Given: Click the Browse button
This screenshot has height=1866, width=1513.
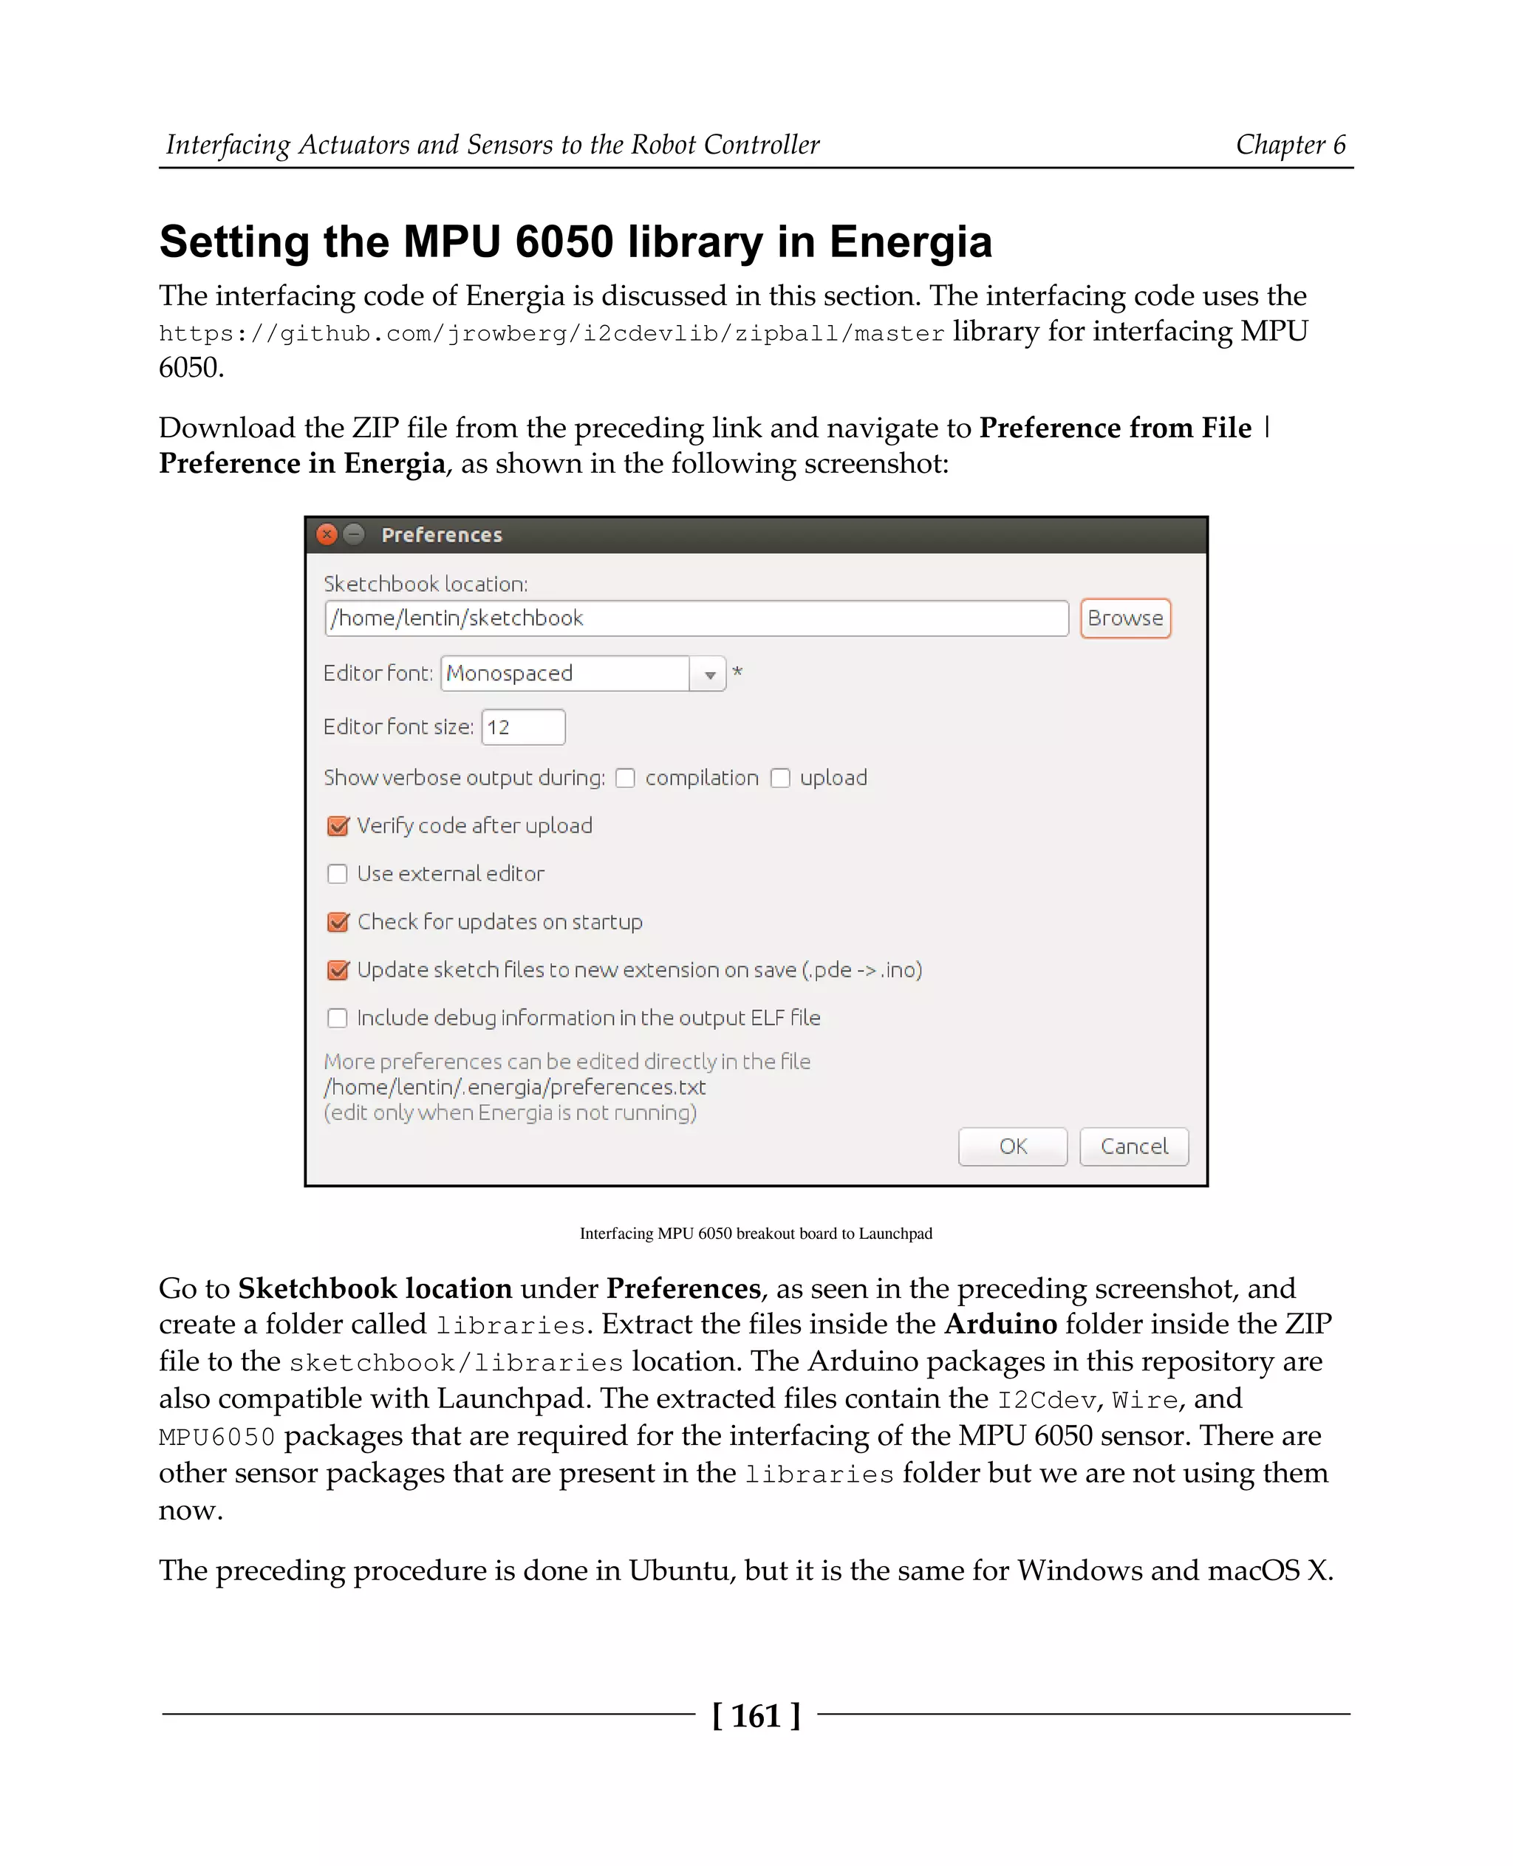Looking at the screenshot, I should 1124,618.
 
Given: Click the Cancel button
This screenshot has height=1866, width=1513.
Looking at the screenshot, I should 1133,1146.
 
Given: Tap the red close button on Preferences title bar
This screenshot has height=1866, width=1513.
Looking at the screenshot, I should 327,534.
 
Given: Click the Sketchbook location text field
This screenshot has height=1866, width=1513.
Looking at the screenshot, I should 695,618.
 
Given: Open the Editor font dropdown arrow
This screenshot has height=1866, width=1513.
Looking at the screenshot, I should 709,674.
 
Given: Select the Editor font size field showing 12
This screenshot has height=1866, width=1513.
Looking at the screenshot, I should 523,727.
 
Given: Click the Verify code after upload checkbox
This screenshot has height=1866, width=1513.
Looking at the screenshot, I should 338,826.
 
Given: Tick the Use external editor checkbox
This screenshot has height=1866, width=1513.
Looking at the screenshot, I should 338,874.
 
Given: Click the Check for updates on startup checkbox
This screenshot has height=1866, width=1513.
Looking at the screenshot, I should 338,922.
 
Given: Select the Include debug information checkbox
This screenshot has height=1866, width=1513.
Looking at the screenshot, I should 338,1018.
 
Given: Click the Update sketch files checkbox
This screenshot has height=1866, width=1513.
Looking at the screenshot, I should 338,970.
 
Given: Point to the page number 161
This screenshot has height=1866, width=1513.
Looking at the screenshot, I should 756,1715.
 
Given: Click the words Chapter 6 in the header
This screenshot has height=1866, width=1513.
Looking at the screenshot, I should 1290,145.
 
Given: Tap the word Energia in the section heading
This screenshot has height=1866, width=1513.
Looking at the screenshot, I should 910,242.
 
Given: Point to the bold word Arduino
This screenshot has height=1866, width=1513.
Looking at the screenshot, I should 1000,1324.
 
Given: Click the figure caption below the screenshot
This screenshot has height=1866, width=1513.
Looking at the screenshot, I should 756,1233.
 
